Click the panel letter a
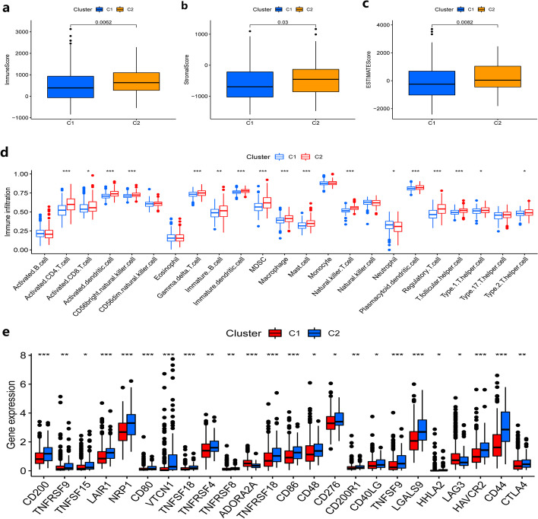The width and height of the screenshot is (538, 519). (x=7, y=6)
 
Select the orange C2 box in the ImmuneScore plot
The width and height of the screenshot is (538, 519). (x=134, y=81)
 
